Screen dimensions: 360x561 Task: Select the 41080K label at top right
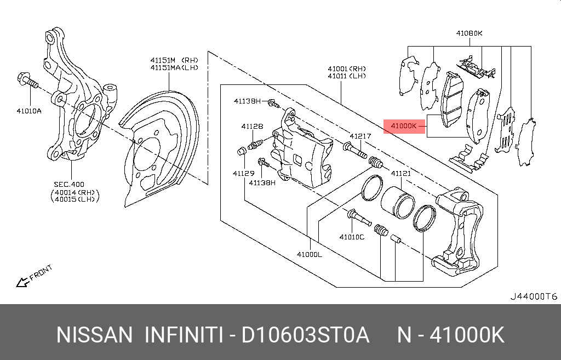coord(469,33)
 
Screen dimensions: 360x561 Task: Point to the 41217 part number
coord(360,136)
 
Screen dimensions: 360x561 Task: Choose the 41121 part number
coord(400,173)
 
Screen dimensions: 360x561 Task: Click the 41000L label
coord(310,254)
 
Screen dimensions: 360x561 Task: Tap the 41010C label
coord(351,237)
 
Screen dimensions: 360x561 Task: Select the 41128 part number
coord(252,126)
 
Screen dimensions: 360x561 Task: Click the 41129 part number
coord(242,173)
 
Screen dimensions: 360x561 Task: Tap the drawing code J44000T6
coord(533,296)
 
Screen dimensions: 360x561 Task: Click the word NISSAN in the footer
coord(95,334)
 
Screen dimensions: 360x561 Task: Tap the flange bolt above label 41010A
coord(26,80)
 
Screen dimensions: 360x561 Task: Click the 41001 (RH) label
coord(347,68)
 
